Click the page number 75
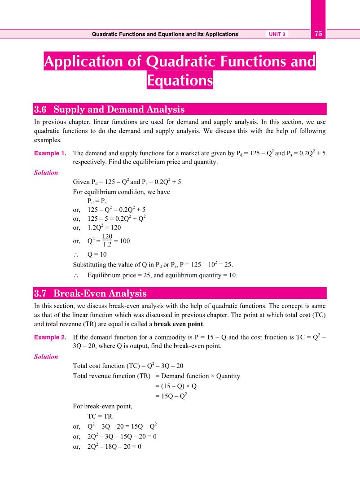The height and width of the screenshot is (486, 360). tap(318, 34)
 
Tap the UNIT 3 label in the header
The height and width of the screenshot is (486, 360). tap(277, 34)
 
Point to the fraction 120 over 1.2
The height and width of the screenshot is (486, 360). tap(107, 241)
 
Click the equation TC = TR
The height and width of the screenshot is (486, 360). tap(100, 416)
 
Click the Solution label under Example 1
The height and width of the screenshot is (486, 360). tap(46, 173)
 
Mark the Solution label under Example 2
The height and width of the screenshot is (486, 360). tap(46, 357)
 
